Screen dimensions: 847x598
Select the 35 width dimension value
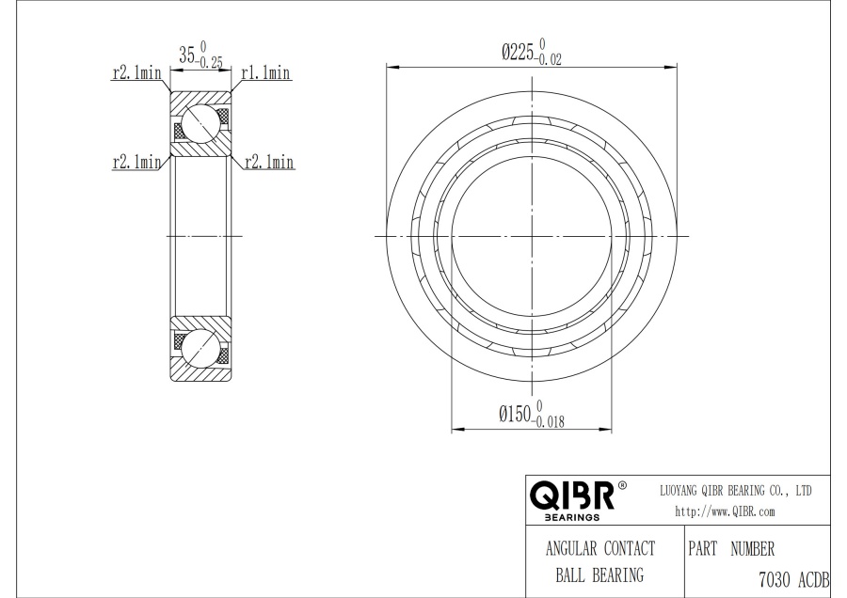click(x=187, y=55)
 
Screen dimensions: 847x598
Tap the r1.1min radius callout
click(x=265, y=72)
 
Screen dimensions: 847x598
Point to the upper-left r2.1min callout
click(x=136, y=72)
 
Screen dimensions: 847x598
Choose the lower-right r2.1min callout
click(x=269, y=162)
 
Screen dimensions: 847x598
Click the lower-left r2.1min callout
click(x=136, y=162)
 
